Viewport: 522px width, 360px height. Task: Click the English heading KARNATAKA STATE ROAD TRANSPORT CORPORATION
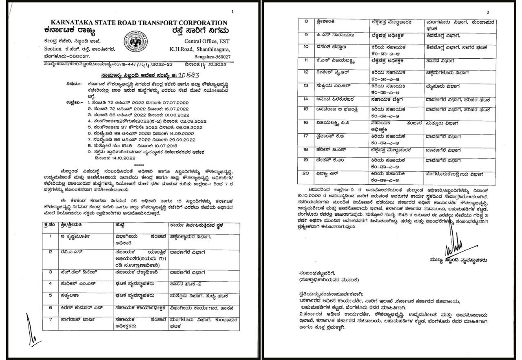(139, 23)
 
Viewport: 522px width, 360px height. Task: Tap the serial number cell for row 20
(306, 174)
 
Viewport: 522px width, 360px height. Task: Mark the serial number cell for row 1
(51, 236)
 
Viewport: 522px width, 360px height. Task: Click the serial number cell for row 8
(306, 21)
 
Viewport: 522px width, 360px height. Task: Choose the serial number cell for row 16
(306, 122)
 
